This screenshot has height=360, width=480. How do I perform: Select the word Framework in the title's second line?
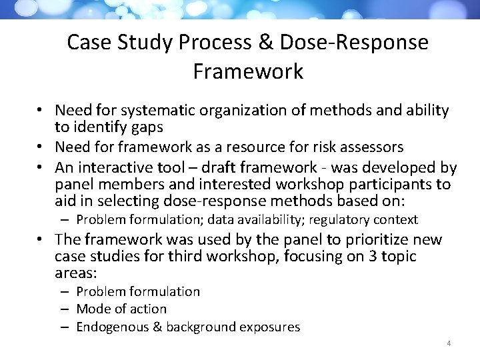[248, 71]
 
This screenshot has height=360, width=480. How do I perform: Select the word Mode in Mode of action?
[92, 309]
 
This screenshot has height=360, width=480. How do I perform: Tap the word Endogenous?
[109, 327]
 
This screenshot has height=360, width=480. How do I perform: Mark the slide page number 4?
[449, 344]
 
